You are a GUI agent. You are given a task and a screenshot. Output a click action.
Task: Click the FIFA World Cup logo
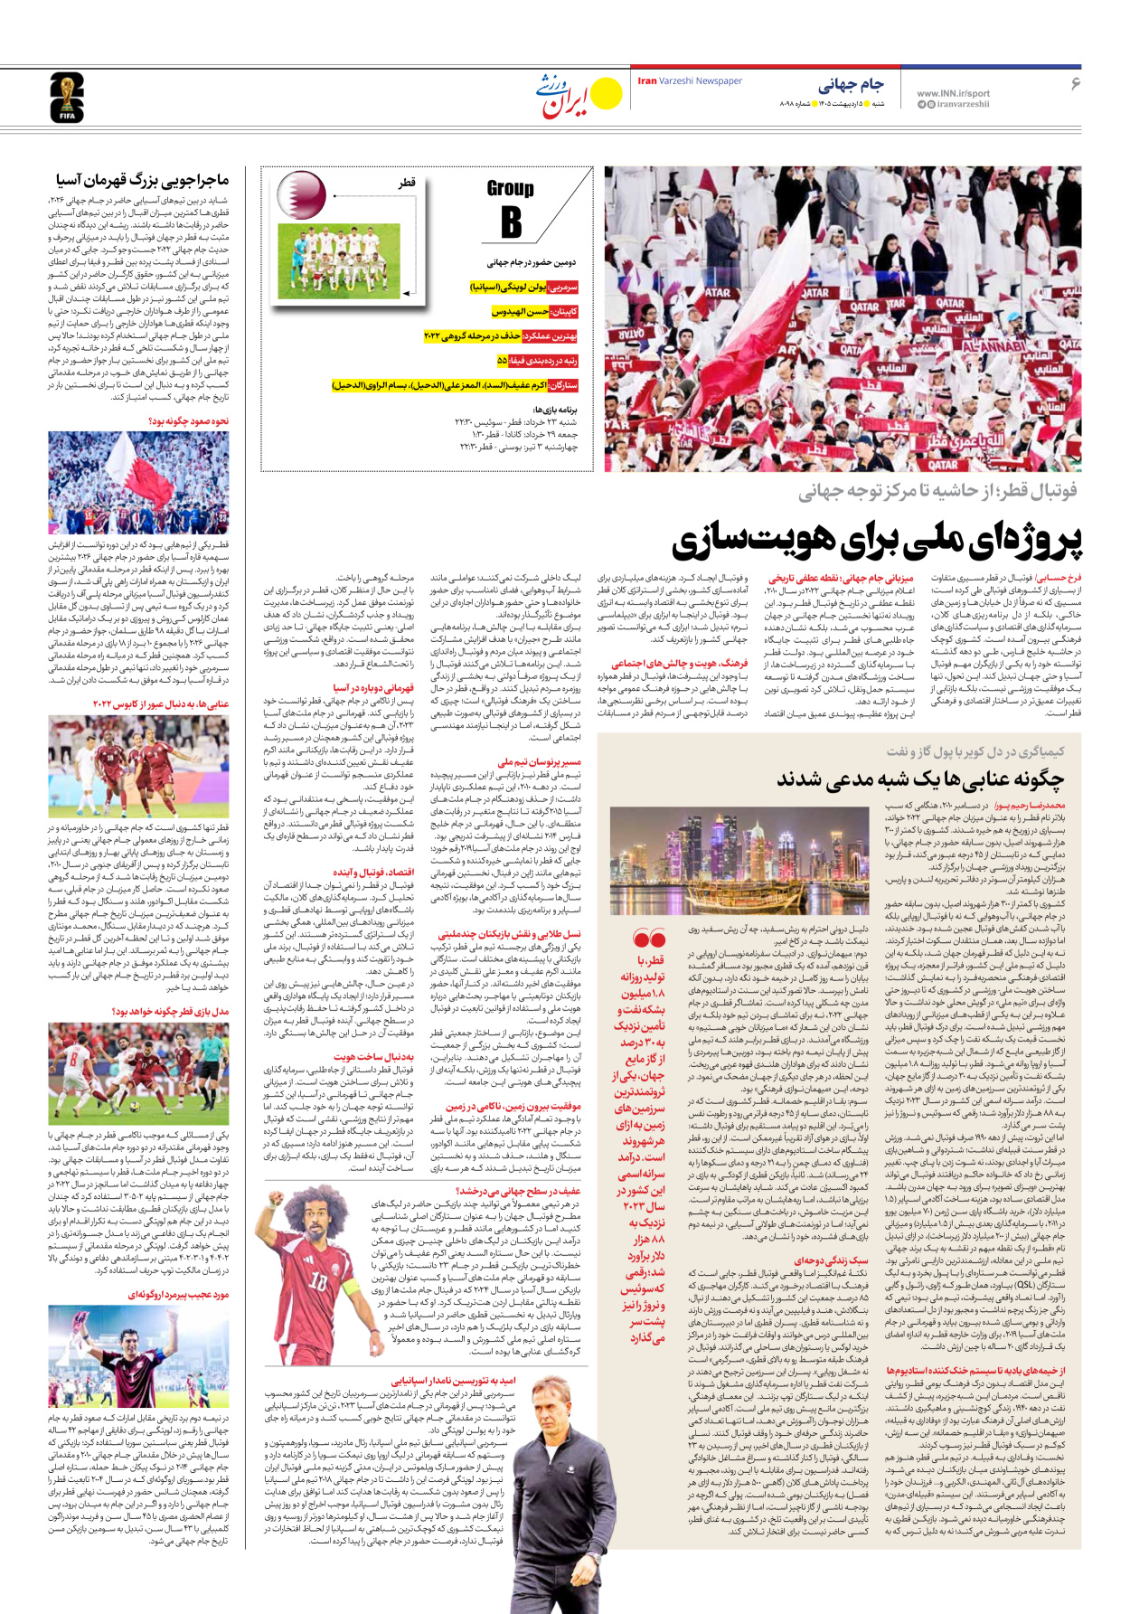pos(66,98)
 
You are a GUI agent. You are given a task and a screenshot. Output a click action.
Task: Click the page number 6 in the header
pos(1075,84)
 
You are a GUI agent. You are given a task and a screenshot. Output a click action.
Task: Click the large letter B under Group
pos(511,222)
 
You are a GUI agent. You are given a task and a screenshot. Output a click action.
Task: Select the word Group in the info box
pos(510,188)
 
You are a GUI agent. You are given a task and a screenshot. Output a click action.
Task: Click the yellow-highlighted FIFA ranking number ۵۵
pos(502,361)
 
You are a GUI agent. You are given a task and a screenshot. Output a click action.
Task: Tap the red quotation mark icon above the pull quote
pos(649,938)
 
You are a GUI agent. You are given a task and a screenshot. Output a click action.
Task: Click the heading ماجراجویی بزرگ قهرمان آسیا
pos(142,180)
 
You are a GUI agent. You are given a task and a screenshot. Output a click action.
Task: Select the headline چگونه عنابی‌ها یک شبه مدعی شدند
pos(919,779)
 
